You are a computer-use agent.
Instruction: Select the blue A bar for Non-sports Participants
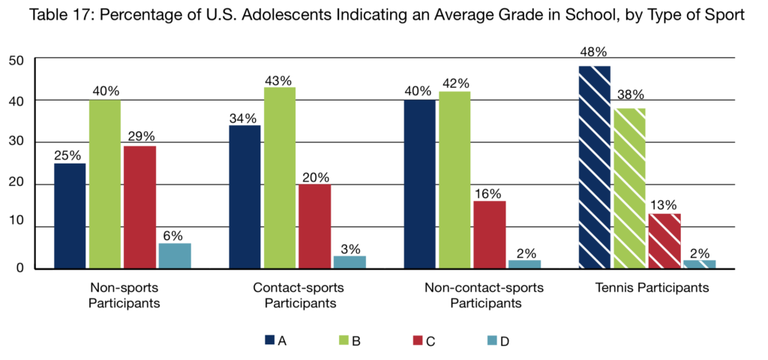(69, 216)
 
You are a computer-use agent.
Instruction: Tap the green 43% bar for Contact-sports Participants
(279, 178)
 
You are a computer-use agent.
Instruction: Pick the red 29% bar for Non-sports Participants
(139, 207)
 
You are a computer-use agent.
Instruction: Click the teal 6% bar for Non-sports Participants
(175, 256)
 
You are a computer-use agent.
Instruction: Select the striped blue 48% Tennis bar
(595, 167)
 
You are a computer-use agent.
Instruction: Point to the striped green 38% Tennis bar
(631, 188)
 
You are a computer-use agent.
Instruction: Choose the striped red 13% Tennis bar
(664, 241)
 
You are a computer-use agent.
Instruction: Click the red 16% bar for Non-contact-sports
(490, 235)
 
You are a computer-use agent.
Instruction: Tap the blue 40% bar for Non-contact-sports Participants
(419, 184)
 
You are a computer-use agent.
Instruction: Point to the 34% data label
(244, 118)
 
